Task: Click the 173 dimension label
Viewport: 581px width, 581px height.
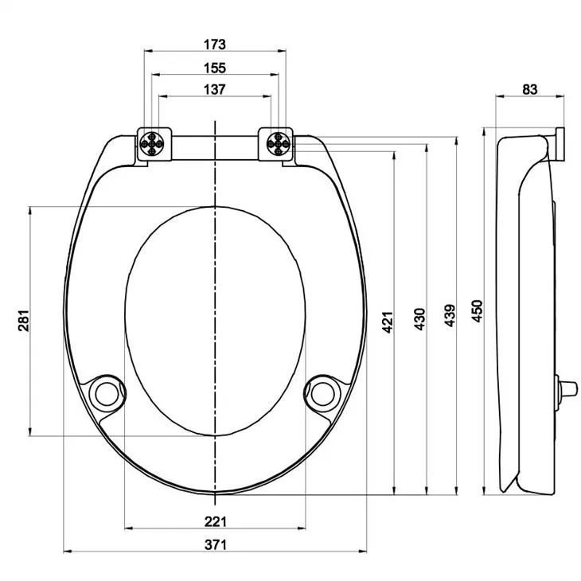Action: pos(215,43)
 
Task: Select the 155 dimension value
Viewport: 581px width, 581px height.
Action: pos(215,67)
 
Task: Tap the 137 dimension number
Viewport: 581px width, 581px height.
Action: pos(215,89)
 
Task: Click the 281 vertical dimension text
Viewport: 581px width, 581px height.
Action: pos(24,321)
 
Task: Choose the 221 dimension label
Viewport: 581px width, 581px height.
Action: pos(216,521)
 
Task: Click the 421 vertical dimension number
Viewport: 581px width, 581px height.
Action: pos(388,321)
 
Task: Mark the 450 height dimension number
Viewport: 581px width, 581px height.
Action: pos(478,310)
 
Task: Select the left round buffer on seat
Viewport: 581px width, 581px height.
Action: pos(105,392)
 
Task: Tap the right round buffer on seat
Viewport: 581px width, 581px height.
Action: pos(322,392)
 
